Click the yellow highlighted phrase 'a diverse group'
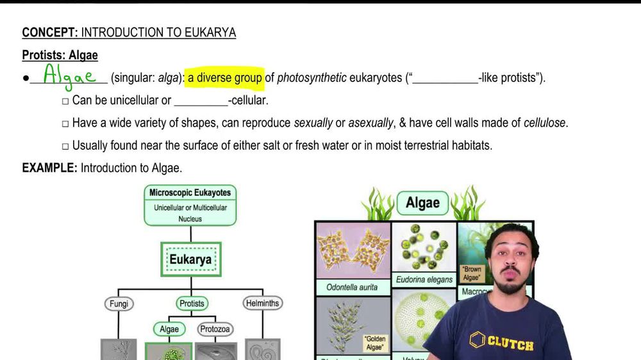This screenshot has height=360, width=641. (x=224, y=78)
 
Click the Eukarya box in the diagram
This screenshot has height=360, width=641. (x=190, y=259)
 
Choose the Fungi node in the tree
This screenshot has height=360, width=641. (x=119, y=304)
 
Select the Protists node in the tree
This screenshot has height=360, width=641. (x=192, y=304)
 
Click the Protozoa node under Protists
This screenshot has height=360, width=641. (x=215, y=329)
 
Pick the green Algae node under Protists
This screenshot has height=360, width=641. (x=169, y=329)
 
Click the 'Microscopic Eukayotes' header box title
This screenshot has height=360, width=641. (x=190, y=192)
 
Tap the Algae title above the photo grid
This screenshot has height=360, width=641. (x=422, y=203)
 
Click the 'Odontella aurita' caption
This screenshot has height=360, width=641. (x=352, y=288)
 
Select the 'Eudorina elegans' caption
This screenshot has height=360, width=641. (x=424, y=279)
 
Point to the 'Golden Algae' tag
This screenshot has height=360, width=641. (x=374, y=342)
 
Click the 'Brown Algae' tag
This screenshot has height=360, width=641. (x=472, y=274)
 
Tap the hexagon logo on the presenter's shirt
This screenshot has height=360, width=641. (x=477, y=340)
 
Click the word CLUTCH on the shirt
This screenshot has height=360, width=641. (x=510, y=345)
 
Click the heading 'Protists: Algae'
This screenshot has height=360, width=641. (x=60, y=55)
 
